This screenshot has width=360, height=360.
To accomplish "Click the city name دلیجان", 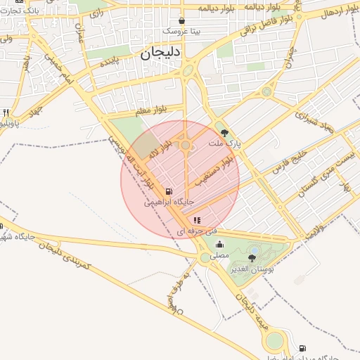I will pos(161,53).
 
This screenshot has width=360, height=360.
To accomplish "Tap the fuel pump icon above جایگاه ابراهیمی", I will pos(168,191).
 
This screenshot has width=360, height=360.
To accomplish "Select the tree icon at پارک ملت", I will pos(224,131).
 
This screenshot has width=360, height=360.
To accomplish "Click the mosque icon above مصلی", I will pos(220,245).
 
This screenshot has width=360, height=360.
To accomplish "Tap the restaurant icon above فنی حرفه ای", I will pos(196,220).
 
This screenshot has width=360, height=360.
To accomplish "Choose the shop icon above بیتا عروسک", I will pos(182,21).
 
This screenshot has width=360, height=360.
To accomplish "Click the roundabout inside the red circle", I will pos(186,146).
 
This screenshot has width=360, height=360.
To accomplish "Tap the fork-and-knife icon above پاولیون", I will pos(6,112).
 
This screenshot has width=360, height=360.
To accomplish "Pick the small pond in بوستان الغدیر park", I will pos(254,249).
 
